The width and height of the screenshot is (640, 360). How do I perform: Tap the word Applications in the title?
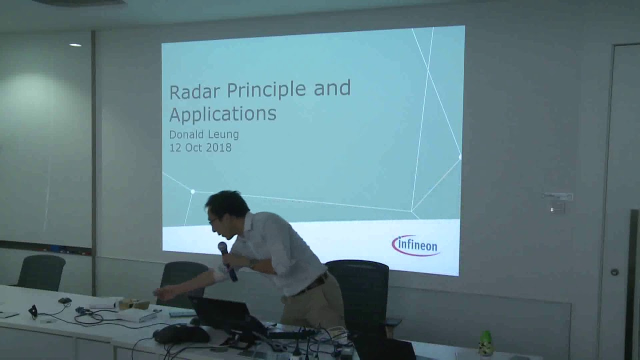coord(222,114)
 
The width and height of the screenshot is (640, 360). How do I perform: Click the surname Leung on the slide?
coord(223,135)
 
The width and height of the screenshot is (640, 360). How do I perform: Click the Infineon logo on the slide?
coord(415,245)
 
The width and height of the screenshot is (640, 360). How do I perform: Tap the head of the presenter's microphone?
coord(222,247)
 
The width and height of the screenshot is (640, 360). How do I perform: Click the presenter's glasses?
coord(213,220)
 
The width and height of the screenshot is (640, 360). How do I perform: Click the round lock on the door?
coord(614,272)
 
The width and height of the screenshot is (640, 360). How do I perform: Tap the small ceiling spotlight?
coord(75,45)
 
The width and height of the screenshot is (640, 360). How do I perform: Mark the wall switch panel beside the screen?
coord(557,196)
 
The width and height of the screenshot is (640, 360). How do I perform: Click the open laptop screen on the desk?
coord(220,313)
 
